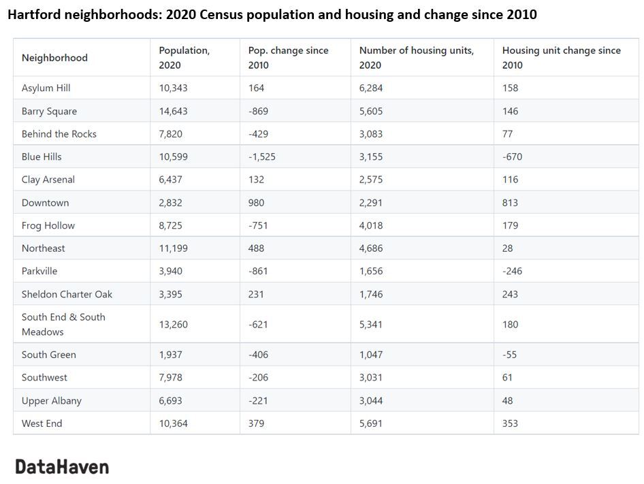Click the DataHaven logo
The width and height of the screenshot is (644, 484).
pos(62,466)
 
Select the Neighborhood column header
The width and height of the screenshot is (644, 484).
pos(54,58)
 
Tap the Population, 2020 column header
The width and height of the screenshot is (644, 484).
pos(184,58)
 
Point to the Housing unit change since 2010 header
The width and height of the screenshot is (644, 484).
pos(561,58)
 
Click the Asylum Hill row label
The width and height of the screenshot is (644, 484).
pos(46,88)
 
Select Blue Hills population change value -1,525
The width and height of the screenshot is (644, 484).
pos(262,157)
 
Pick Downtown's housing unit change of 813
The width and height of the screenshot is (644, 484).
pos(510,202)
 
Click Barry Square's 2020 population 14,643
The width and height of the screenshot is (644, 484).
pos(173,111)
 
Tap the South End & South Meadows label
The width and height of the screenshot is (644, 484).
pos(63,324)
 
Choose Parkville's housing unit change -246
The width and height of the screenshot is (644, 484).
pos(511,271)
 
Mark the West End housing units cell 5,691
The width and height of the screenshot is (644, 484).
pos(371,423)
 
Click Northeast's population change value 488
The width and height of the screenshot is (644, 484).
pos(257,248)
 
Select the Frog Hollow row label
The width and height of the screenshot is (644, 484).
pos(48,225)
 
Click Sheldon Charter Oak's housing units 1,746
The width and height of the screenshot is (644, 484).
pos(371,294)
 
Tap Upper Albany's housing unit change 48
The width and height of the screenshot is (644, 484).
pos(507,400)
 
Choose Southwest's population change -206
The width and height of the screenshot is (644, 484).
pos(258,377)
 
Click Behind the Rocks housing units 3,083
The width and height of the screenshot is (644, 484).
pos(371,134)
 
